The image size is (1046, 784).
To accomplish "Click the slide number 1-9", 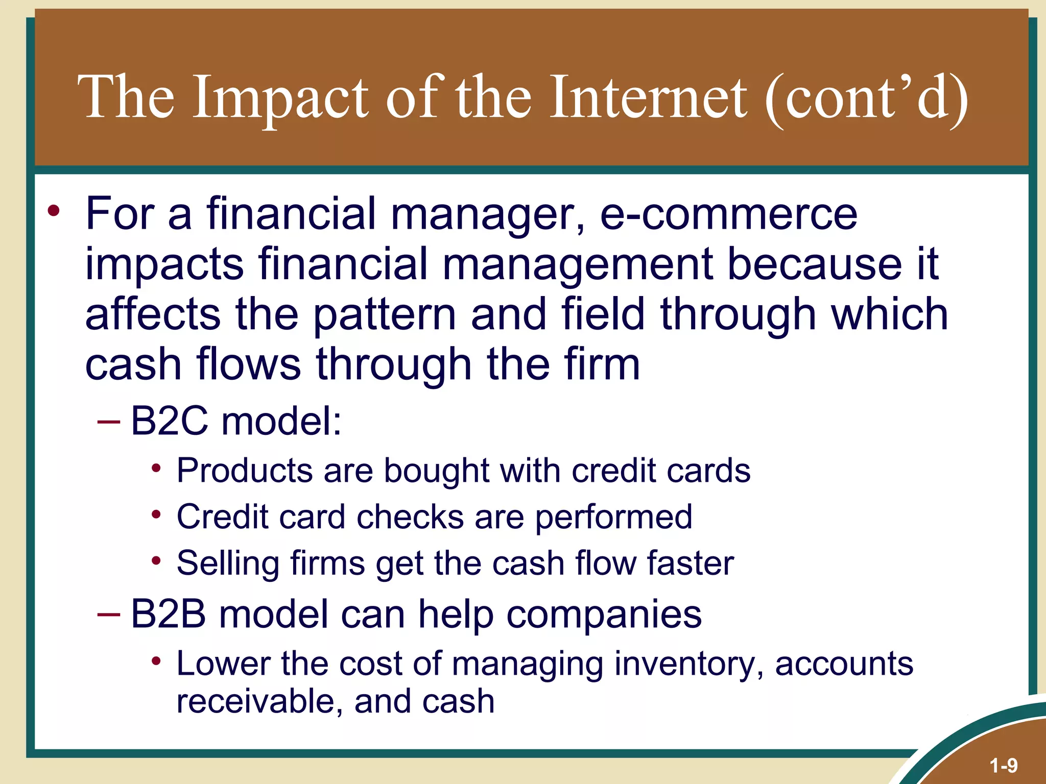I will click(x=1003, y=765).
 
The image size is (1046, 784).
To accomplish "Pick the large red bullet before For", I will click(x=54, y=211).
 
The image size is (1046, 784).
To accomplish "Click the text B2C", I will click(x=169, y=422).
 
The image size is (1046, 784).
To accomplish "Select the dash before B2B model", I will click(x=109, y=614).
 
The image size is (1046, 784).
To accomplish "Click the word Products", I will click(x=244, y=470).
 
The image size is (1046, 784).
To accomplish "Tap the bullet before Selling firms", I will click(x=156, y=561).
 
